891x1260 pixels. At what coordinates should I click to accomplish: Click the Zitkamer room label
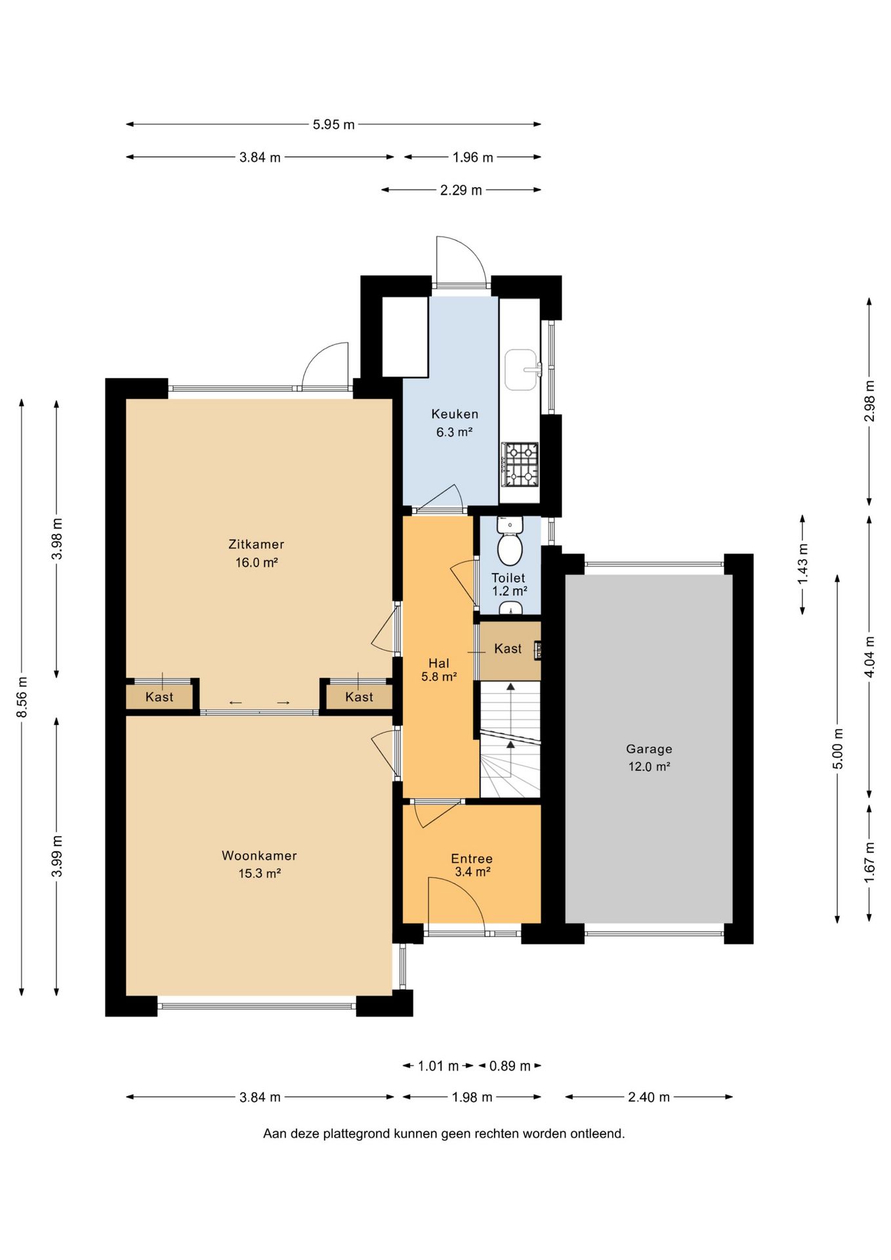[x=256, y=544]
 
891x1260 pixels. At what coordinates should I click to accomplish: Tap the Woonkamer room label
[x=259, y=856]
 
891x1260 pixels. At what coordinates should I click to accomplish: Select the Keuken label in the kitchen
[x=455, y=414]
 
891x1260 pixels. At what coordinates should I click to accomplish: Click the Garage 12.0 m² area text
[x=649, y=766]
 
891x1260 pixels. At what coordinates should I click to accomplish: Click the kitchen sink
[x=522, y=370]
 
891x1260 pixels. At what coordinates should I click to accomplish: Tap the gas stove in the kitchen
[x=520, y=465]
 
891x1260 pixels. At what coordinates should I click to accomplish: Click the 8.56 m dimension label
[x=22, y=697]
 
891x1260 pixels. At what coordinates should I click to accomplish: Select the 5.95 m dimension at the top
[x=333, y=124]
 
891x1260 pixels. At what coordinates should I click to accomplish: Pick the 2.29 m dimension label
[x=461, y=190]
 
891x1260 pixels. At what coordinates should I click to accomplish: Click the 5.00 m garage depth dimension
[x=837, y=749]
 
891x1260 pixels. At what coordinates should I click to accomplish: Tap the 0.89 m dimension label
[x=510, y=1066]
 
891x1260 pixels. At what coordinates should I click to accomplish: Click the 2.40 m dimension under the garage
[x=649, y=1097]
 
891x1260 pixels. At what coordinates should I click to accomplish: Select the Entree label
[x=472, y=859]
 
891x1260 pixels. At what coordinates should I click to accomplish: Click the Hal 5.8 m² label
[x=439, y=670]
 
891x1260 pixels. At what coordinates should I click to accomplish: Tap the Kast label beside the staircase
[x=508, y=649]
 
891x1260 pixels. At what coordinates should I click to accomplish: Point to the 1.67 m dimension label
[x=869, y=862]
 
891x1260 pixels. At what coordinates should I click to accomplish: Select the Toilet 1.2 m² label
[x=509, y=585]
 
